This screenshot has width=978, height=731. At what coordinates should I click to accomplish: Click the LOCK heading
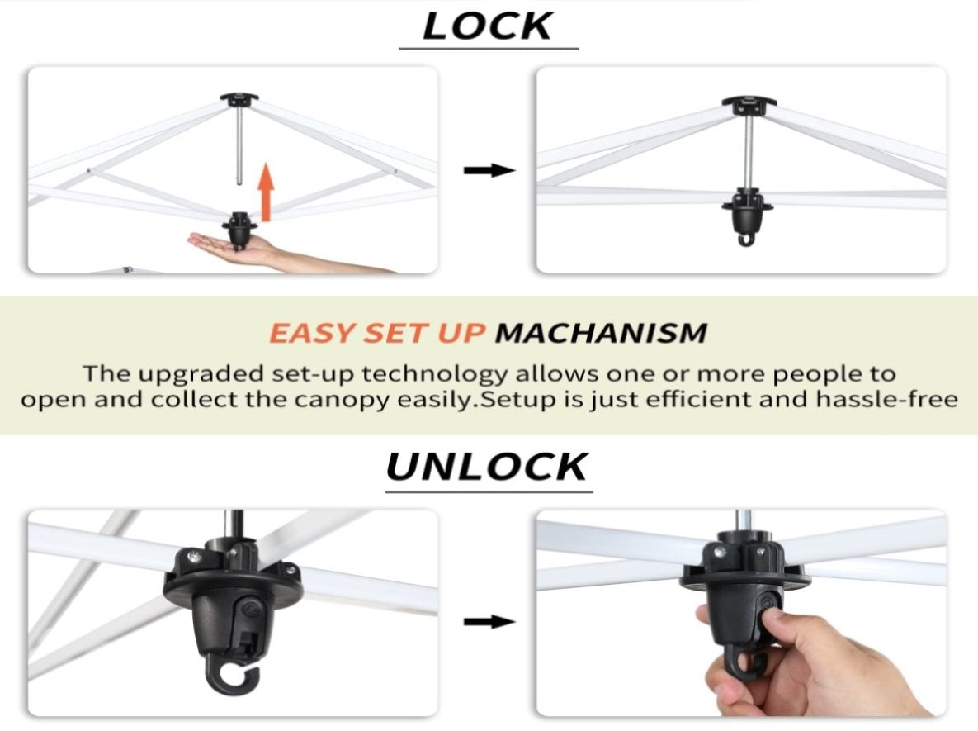[x=488, y=26]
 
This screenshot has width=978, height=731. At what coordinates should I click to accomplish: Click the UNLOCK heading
[x=487, y=467]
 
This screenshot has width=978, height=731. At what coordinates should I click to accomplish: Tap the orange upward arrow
[x=267, y=192]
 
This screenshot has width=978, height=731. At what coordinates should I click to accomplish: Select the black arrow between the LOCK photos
[x=489, y=170]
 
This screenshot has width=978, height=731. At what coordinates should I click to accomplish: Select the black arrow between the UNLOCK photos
[x=489, y=621]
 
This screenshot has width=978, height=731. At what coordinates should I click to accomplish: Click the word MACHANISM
[x=602, y=333]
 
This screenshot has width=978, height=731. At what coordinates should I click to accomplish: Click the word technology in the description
[x=435, y=374]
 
